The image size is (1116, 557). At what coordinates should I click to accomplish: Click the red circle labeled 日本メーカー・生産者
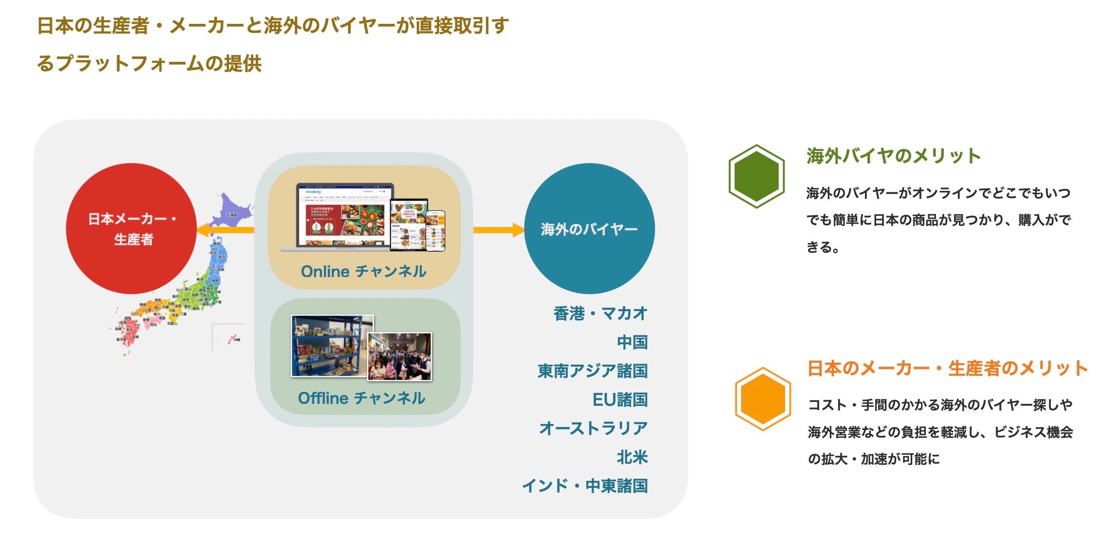point(131,228)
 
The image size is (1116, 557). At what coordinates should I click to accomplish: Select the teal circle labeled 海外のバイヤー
point(589,228)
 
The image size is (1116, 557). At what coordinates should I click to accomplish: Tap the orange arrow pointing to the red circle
point(226,230)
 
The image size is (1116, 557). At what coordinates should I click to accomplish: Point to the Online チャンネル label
point(363,271)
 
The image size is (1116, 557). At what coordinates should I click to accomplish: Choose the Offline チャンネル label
point(361,398)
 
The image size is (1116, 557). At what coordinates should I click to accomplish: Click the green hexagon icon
point(756,176)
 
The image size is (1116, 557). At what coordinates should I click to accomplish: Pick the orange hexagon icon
point(763,399)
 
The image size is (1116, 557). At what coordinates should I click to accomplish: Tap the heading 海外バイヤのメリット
point(893,156)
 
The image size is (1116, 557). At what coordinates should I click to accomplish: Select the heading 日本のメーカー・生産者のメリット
point(947,368)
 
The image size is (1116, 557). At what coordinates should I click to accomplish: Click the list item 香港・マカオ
point(600,314)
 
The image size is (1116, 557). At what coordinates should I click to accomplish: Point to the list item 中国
point(632,342)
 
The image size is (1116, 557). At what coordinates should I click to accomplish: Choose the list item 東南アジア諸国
point(593,371)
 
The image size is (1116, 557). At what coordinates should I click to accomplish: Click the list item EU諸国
point(620,400)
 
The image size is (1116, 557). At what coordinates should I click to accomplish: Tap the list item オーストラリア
point(594,428)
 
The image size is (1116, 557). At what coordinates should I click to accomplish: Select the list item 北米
point(632,457)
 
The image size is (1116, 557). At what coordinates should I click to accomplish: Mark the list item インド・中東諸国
point(585,486)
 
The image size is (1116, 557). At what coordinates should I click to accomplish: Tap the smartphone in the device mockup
point(435,231)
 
